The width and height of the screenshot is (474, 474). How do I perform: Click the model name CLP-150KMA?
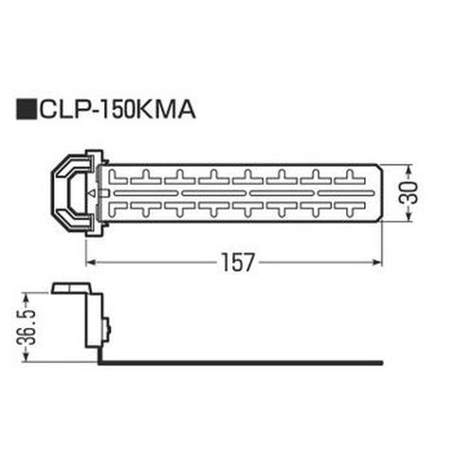pos(117,111)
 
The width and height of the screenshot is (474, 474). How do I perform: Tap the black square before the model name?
pos(25,111)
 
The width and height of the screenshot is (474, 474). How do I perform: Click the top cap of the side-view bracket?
pos(73,287)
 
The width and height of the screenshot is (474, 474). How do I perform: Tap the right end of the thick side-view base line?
pos(381,360)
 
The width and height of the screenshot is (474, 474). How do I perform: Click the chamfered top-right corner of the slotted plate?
pos(377,170)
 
